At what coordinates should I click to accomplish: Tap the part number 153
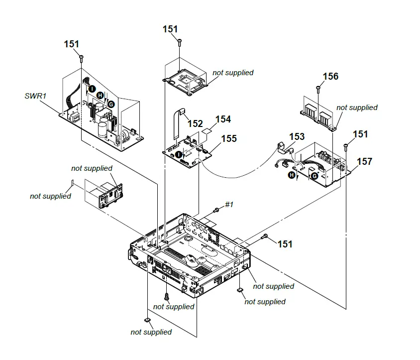(x=297, y=136)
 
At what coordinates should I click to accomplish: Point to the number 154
(x=223, y=120)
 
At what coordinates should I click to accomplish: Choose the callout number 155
(x=229, y=139)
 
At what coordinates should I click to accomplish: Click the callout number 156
(x=330, y=76)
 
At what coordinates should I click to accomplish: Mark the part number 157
(x=364, y=162)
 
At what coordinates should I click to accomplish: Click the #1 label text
(x=229, y=205)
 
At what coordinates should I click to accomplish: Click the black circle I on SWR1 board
(x=92, y=88)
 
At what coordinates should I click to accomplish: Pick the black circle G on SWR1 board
(x=111, y=104)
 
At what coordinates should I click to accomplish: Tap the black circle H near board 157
(x=291, y=174)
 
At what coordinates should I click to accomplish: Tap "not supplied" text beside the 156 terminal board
(x=357, y=108)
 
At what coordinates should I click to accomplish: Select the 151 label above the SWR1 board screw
(x=72, y=44)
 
